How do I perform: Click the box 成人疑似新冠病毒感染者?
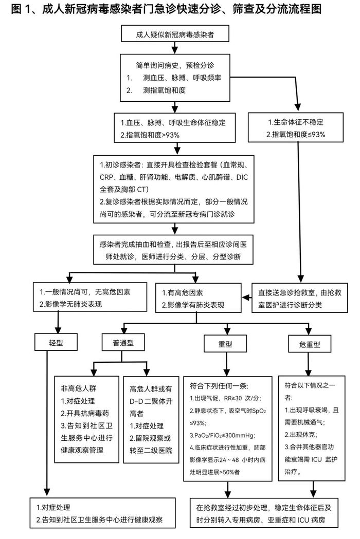pyautogui.click(x=175, y=35)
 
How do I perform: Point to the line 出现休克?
pyautogui.click(x=304, y=434)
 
